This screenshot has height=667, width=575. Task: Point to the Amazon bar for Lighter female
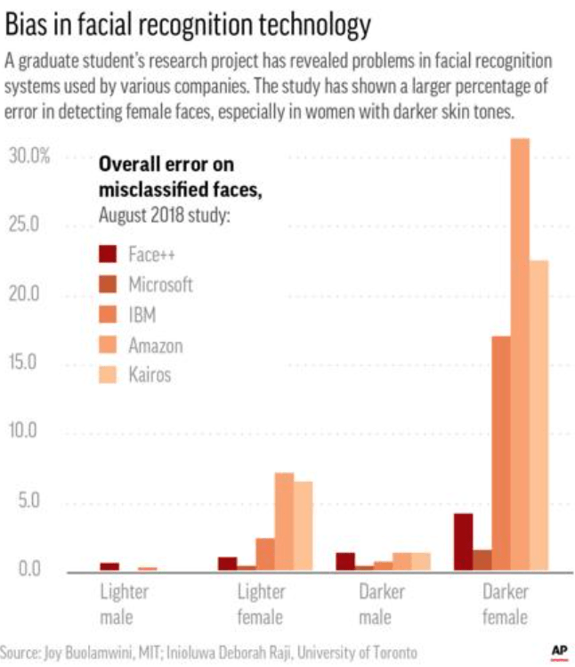(284, 521)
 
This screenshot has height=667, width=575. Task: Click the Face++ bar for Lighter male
(109, 565)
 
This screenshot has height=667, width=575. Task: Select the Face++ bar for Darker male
(345, 561)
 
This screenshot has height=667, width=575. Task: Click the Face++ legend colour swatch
(109, 255)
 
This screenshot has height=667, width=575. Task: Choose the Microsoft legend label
(160, 285)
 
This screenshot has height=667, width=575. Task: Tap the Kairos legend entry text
(149, 375)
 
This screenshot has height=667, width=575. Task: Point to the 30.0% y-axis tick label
(29, 156)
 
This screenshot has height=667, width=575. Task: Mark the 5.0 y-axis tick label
(29, 500)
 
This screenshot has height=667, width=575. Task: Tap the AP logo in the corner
(558, 650)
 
